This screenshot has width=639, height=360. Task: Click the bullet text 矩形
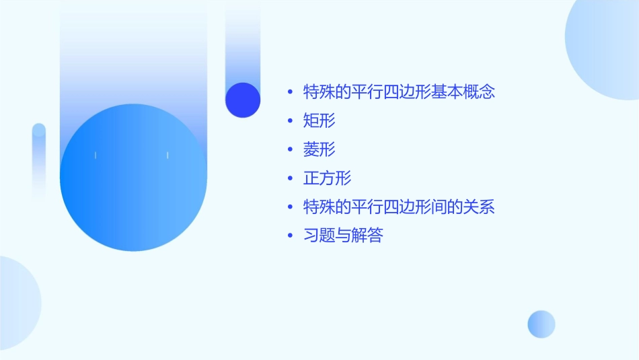click(319, 121)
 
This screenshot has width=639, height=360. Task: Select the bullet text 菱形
click(319, 149)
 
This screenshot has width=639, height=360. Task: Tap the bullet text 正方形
click(328, 178)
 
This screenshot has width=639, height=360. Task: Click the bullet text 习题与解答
click(343, 236)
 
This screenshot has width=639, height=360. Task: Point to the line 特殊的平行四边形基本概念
click(399, 92)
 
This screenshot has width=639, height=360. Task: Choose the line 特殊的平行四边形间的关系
click(399, 207)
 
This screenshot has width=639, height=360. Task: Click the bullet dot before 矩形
click(290, 121)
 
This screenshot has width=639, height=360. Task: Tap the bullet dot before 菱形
click(290, 149)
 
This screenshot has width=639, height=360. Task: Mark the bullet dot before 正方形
click(290, 178)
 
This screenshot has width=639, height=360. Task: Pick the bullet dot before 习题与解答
click(290, 236)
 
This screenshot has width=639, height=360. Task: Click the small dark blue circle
click(243, 100)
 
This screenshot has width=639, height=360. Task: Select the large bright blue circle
click(133, 178)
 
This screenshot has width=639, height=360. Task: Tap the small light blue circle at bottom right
click(541, 324)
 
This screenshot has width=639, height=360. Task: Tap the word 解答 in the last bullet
click(367, 236)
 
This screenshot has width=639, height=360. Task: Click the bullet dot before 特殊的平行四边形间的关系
click(290, 207)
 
